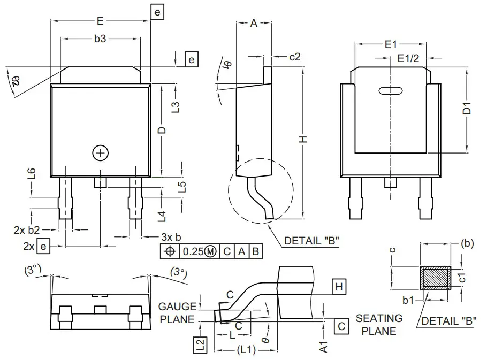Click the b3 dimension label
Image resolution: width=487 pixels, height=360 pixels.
click(100, 39)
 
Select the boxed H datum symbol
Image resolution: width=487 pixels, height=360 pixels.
click(338, 287)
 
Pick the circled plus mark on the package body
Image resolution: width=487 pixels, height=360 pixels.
click(100, 152)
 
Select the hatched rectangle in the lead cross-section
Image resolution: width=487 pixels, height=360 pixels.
click(435, 278)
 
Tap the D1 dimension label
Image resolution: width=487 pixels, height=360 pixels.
click(467, 110)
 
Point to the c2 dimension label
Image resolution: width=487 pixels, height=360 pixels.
click(295, 56)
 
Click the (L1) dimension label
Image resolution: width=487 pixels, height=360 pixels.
click(246, 350)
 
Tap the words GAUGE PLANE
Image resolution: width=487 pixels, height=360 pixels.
click(178, 312)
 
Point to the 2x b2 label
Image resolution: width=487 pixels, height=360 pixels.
click(26, 230)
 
